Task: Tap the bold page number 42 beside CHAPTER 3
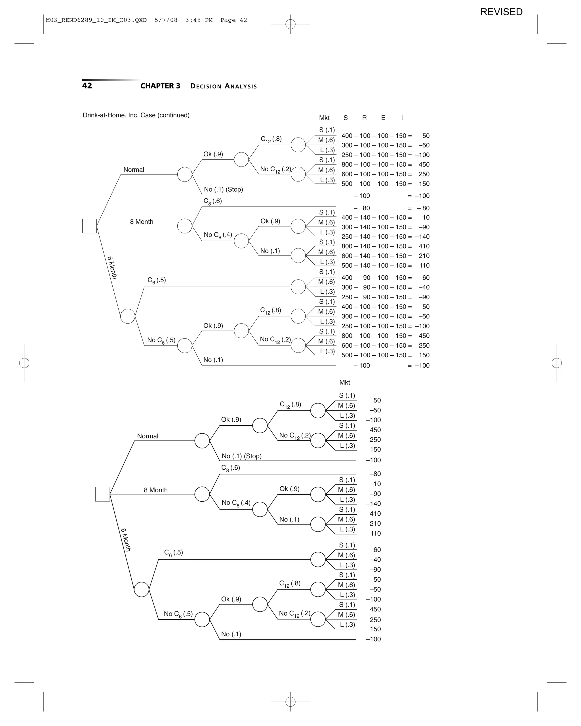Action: tap(87, 86)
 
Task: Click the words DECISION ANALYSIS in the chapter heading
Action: tap(223, 86)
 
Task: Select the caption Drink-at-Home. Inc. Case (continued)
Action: tap(136, 115)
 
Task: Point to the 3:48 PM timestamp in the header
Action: tap(199, 20)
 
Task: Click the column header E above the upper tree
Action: tap(383, 118)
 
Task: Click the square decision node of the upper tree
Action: tap(90, 226)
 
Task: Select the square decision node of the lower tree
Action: tap(102, 494)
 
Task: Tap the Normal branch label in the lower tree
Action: tap(148, 436)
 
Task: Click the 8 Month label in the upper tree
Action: tap(142, 221)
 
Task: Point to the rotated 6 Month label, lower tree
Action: tap(126, 539)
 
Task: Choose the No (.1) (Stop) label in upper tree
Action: tap(223, 189)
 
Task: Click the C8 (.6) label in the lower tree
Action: tap(230, 468)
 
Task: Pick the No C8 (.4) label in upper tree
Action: tap(218, 235)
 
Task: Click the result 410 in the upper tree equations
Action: tap(424, 246)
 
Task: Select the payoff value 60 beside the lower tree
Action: tap(377, 550)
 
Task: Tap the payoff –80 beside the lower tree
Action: tap(375, 474)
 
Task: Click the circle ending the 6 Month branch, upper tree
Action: tap(128, 316)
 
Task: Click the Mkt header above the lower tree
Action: tap(345, 382)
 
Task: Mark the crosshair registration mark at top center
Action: tap(290, 24)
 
